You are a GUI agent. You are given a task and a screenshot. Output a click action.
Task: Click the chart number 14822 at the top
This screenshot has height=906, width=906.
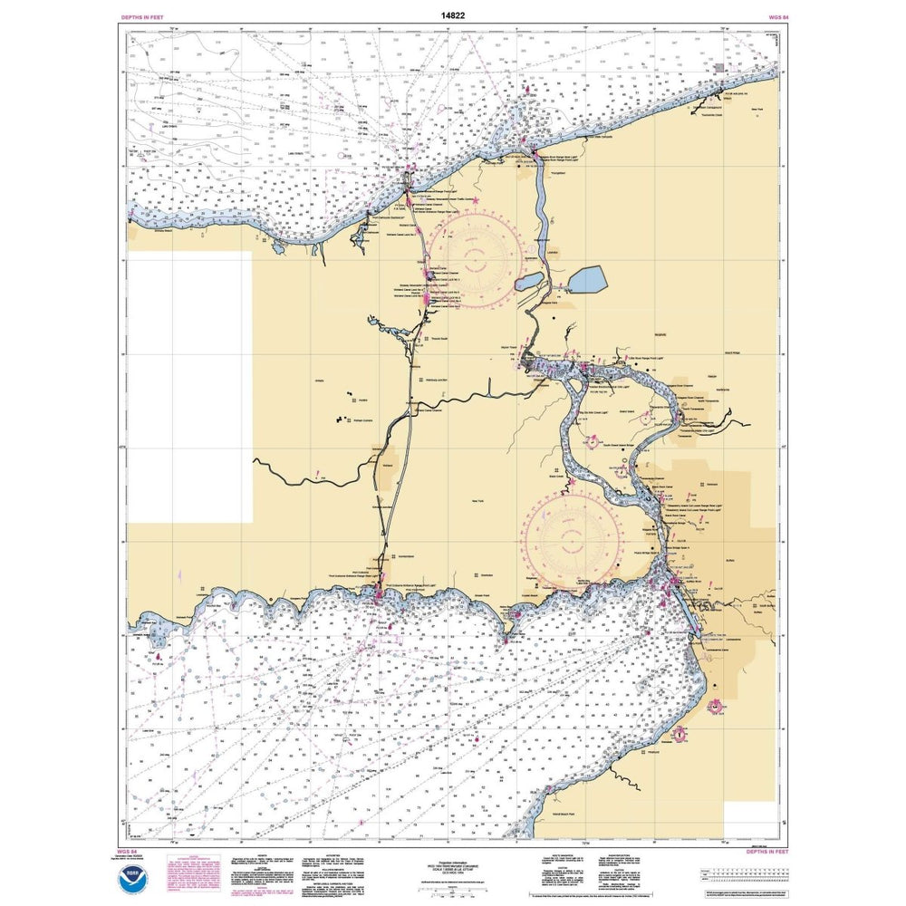[x=453, y=16]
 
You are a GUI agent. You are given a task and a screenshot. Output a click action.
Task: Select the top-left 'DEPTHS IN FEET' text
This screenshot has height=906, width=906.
[x=142, y=17]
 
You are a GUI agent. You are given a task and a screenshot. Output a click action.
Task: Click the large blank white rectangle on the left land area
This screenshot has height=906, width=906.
[x=189, y=387]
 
